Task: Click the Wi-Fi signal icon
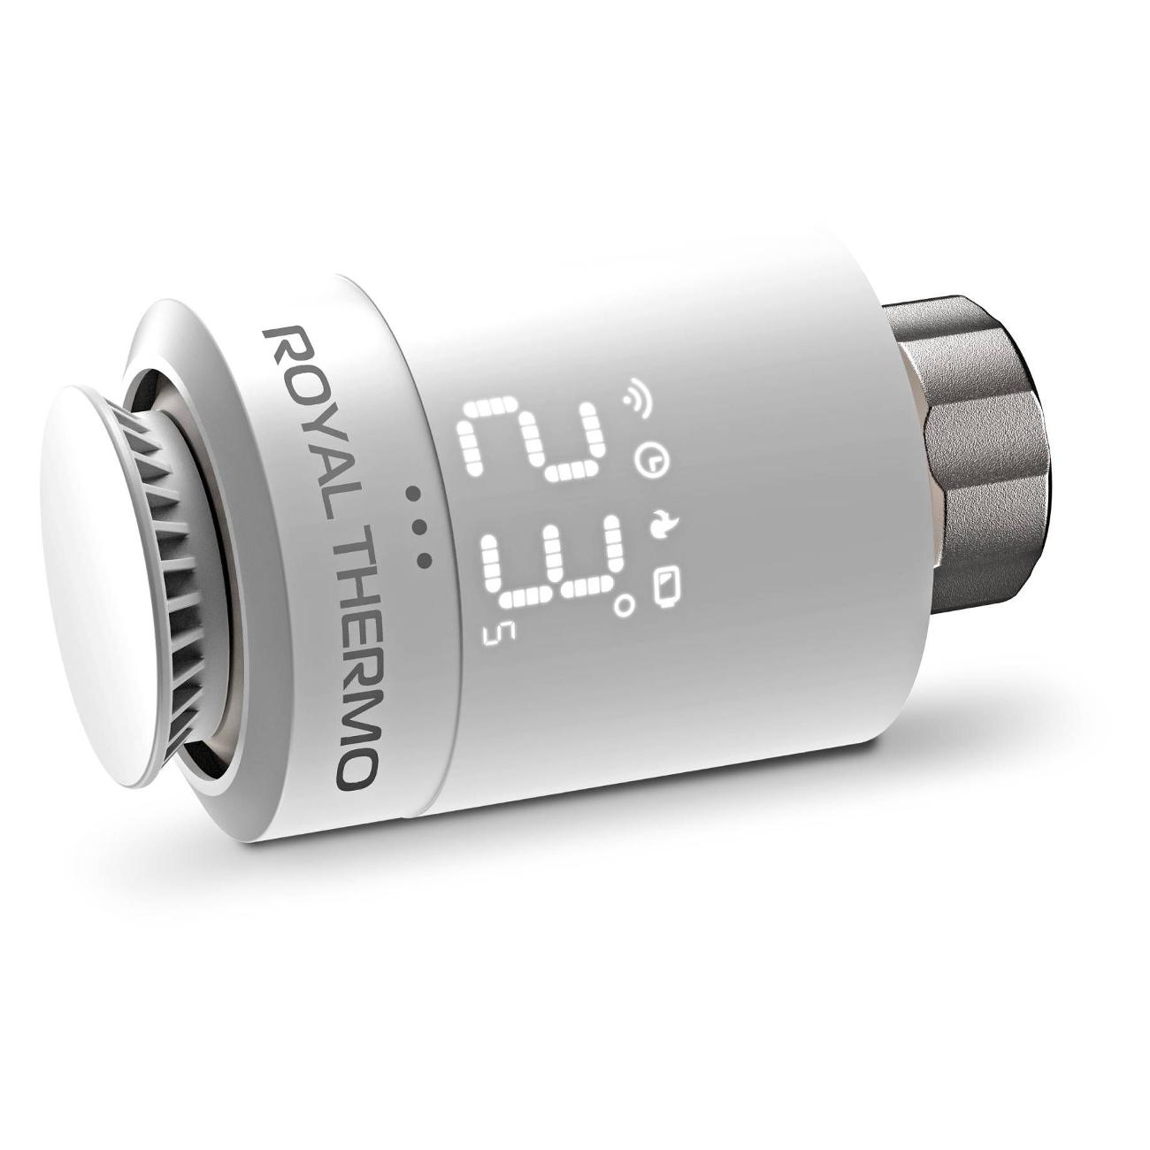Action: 639,390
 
